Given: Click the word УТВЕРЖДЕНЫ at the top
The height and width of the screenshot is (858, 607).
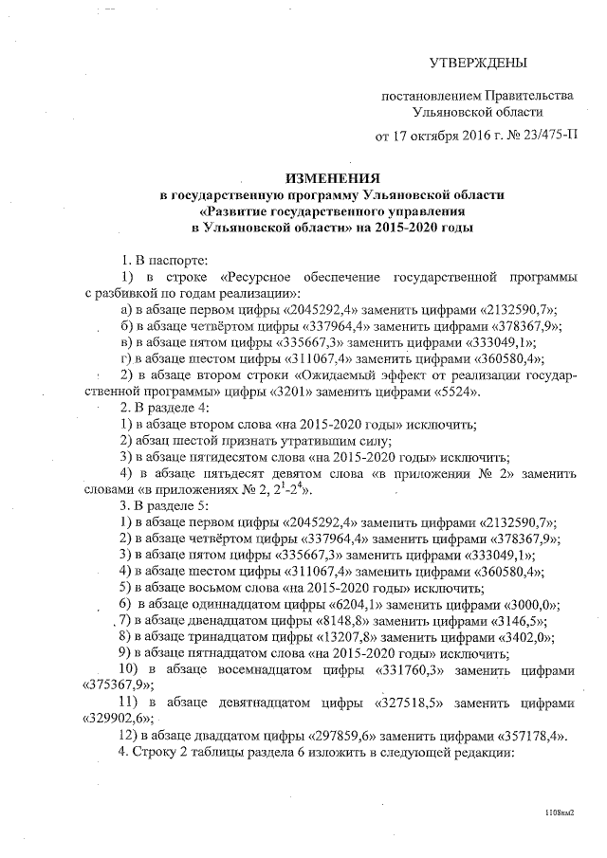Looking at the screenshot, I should point(477,63).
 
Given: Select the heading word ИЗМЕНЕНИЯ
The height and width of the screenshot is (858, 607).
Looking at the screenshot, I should point(332,178).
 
